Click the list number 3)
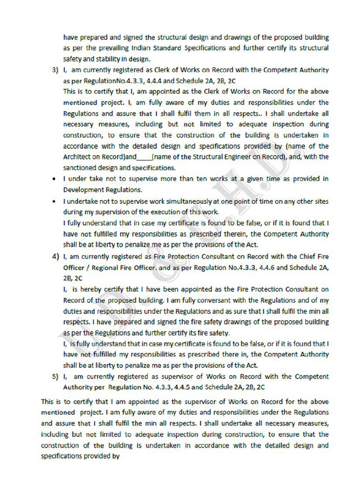click(x=55, y=70)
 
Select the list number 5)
click(x=55, y=376)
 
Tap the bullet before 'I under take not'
click(x=55, y=179)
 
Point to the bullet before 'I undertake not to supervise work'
click(x=55, y=201)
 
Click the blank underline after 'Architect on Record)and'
click(x=144, y=157)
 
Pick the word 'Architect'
click(x=77, y=157)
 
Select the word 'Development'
click(x=83, y=190)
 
